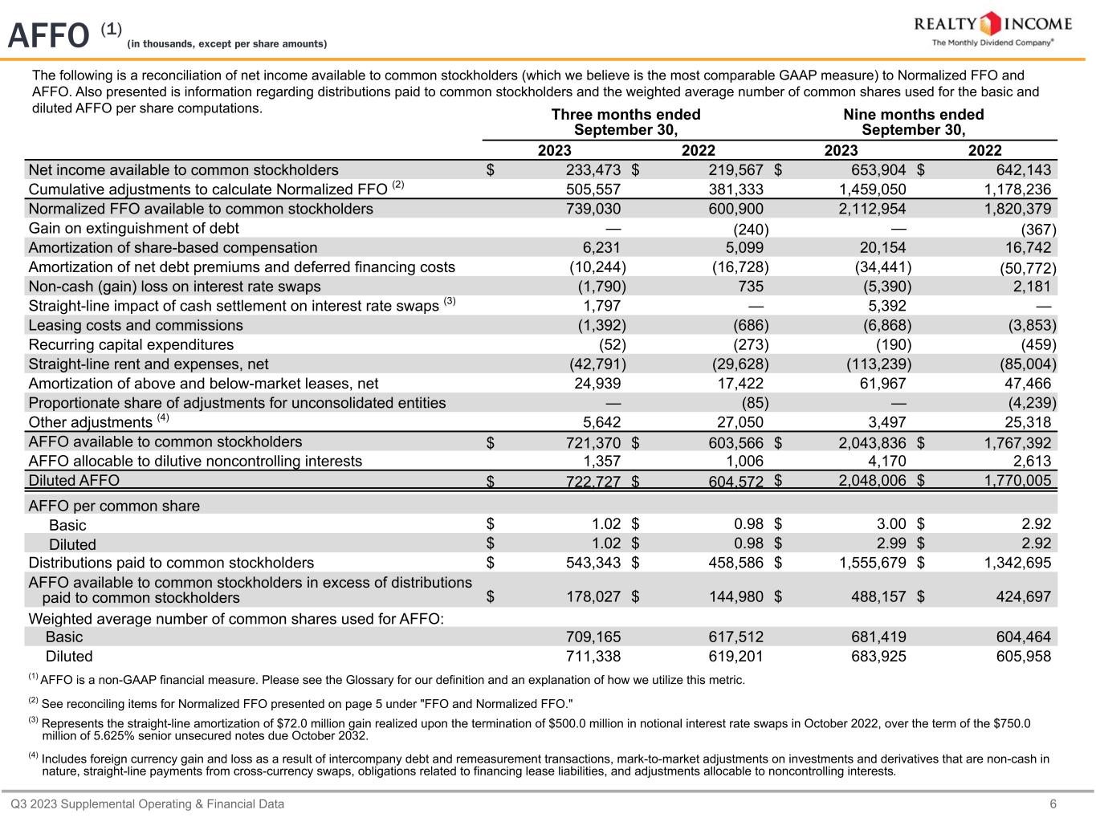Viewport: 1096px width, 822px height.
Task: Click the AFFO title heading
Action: tap(48, 35)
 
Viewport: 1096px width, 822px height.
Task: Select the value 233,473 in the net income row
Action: tap(589, 169)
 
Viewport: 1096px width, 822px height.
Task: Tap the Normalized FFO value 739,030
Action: tap(589, 209)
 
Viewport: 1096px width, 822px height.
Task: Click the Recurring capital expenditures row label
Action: tap(131, 344)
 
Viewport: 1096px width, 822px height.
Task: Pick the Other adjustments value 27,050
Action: tap(739, 422)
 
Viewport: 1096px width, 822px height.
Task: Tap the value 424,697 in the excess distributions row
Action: tap(1017, 597)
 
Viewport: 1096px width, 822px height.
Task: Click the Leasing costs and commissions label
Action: tap(136, 325)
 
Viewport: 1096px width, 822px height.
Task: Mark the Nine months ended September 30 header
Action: tap(913, 122)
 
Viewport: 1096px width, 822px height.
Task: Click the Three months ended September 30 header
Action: tap(625, 122)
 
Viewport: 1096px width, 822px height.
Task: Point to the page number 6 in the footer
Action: tap(1053, 804)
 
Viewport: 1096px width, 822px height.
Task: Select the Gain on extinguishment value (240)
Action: tap(751, 229)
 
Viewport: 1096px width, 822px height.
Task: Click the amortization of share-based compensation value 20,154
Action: tap(882, 247)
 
